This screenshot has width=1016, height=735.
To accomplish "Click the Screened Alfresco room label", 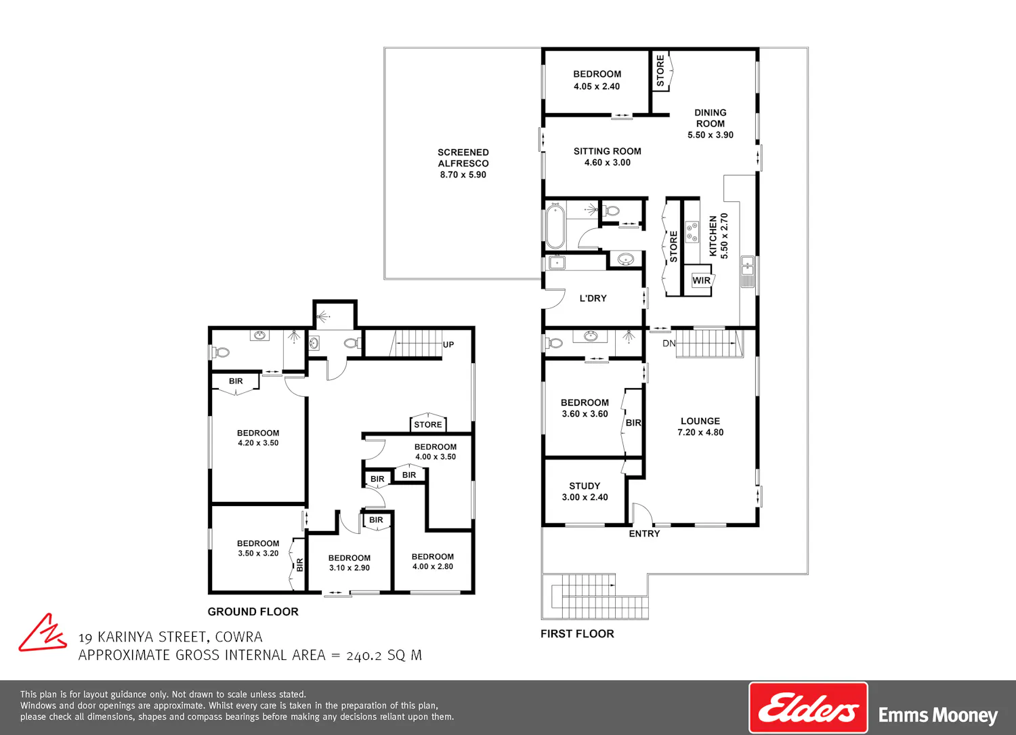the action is (x=463, y=163).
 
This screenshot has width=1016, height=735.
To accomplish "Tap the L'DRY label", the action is (x=593, y=298).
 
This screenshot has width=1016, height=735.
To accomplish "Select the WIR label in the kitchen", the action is (x=701, y=280).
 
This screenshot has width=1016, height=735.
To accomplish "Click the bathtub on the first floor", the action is (x=555, y=226).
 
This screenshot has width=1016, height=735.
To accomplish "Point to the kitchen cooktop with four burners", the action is (x=692, y=232).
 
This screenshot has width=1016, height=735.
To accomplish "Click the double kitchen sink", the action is (x=747, y=272).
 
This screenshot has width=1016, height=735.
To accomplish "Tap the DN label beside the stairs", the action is (x=669, y=343).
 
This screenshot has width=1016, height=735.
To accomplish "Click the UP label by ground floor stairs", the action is (x=448, y=344).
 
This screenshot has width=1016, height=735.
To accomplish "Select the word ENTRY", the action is (x=644, y=534).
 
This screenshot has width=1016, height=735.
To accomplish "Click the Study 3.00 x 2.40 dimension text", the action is (x=585, y=497).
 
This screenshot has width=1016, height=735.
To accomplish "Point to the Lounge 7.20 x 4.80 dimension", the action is (x=700, y=432).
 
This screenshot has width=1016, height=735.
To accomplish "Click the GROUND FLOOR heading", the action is (x=253, y=612).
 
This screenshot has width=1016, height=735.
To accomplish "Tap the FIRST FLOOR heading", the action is (x=577, y=634).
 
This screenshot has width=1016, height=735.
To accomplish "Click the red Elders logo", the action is (x=808, y=708).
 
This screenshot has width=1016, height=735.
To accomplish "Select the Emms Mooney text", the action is (x=938, y=715).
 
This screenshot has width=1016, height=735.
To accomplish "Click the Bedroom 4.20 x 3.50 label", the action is (x=258, y=438).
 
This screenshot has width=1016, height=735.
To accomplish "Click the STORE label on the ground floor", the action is (x=427, y=425).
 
